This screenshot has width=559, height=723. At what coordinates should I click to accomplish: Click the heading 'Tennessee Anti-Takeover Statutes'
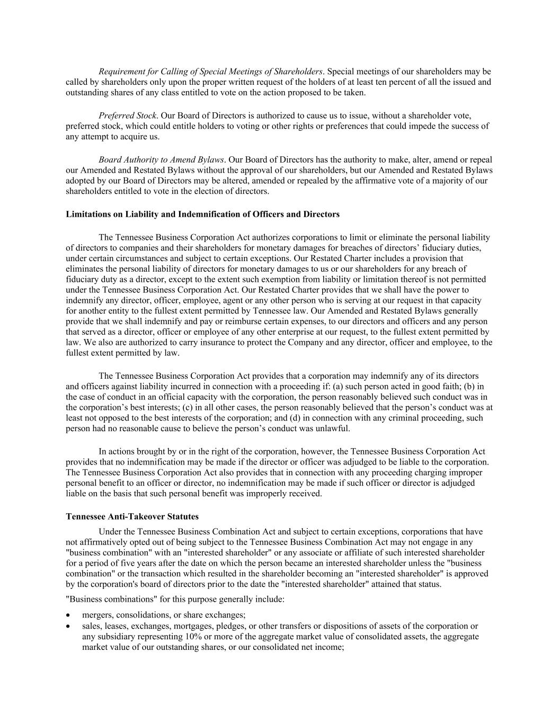132,516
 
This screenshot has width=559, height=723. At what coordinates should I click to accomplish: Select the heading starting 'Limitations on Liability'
202,215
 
